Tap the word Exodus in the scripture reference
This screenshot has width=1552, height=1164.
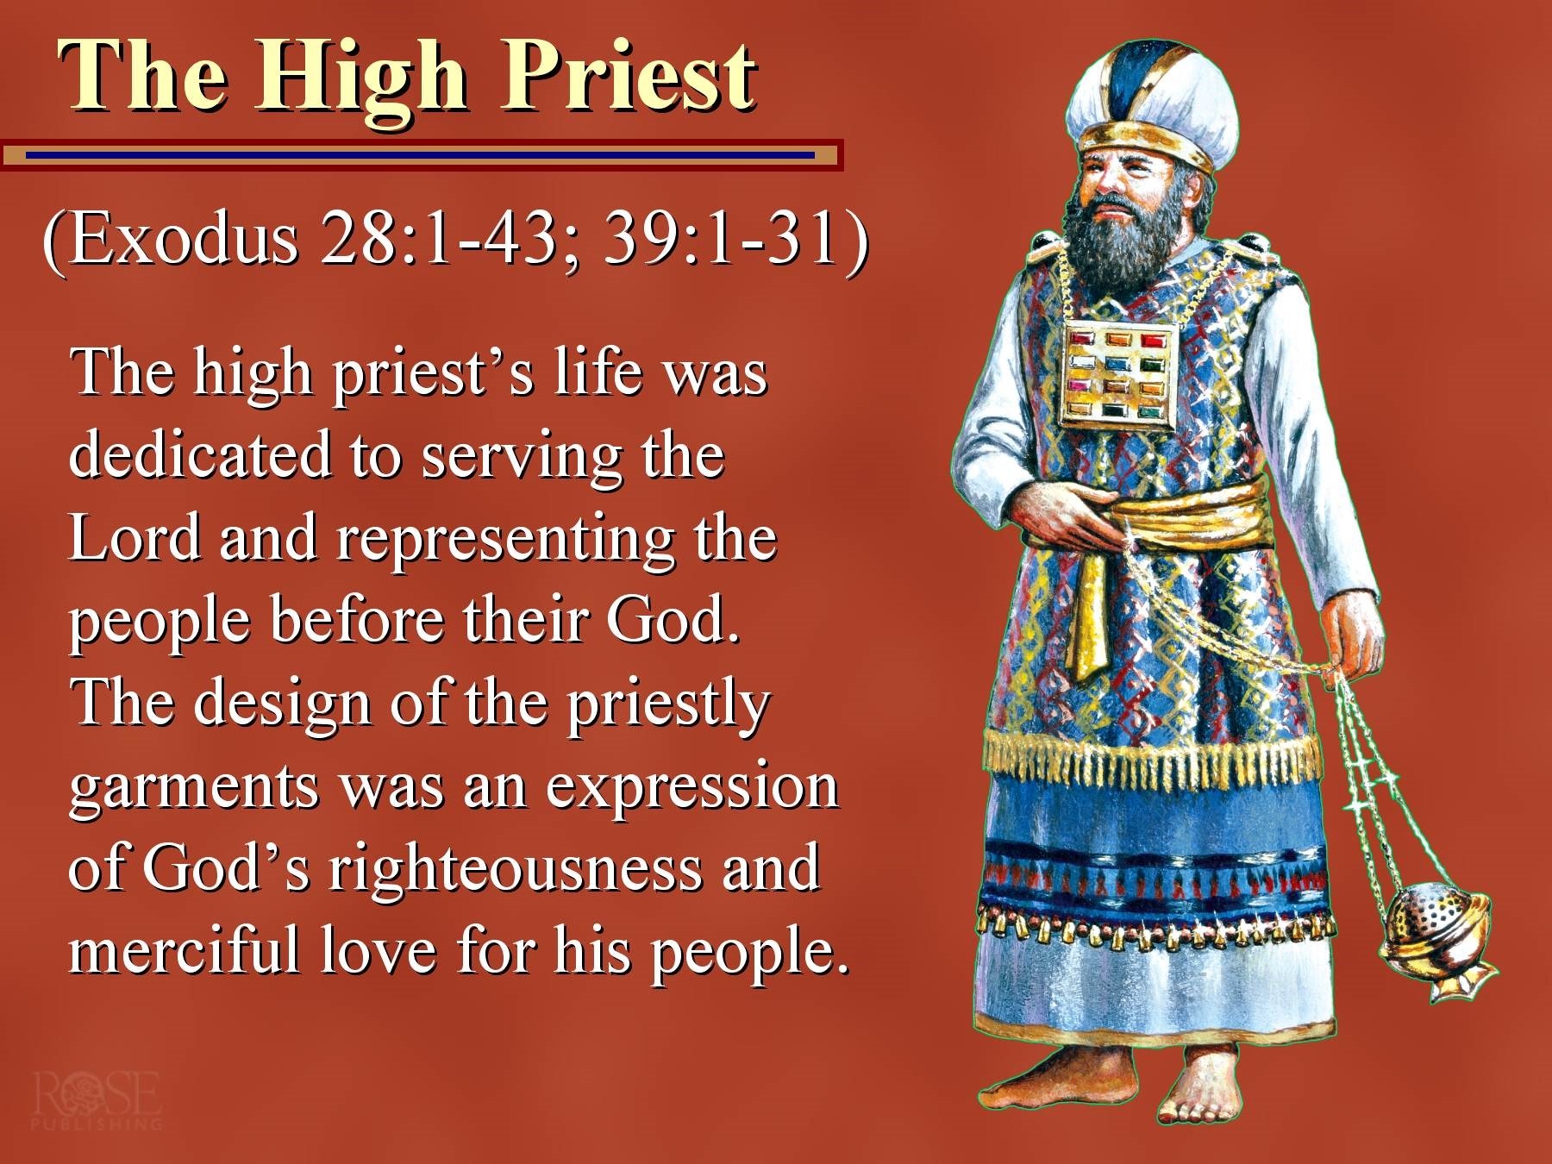click(184, 238)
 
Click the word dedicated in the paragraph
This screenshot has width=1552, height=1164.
click(200, 454)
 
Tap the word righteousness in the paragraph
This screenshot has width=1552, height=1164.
click(515, 871)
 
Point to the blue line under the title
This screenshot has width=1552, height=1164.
click(420, 155)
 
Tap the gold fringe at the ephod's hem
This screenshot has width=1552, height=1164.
click(1151, 759)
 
